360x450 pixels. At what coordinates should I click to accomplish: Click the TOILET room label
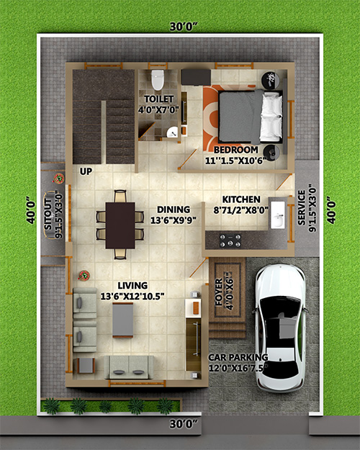pyautogui.click(x=158, y=99)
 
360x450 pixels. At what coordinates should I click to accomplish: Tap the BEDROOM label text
pyautogui.click(x=235, y=150)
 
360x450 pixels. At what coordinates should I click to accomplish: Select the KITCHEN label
pyautogui.click(x=241, y=199)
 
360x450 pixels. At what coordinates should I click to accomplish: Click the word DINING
pyautogui.click(x=174, y=210)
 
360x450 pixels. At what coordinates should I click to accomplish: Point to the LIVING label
pyautogui.click(x=132, y=286)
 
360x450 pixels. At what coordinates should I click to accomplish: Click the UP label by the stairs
pyautogui.click(x=86, y=171)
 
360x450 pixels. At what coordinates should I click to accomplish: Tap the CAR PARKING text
pyautogui.click(x=238, y=357)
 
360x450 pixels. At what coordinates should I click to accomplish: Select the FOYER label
pyautogui.click(x=219, y=292)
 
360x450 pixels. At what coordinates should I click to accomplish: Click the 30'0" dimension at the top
pyautogui.click(x=184, y=27)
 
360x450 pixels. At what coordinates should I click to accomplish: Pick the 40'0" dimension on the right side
pyautogui.click(x=330, y=210)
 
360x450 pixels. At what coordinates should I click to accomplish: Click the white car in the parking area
pyautogui.click(x=280, y=328)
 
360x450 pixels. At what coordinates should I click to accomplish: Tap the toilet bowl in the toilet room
pyautogui.click(x=158, y=79)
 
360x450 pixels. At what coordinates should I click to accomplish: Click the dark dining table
pyautogui.click(x=120, y=225)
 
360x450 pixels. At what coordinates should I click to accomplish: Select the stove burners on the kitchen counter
pyautogui.click(x=230, y=240)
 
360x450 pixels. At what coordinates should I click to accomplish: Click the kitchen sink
pyautogui.click(x=278, y=215)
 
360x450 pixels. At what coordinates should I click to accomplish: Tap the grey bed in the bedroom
pyautogui.click(x=250, y=117)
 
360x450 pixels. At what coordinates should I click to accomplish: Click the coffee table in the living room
pyautogui.click(x=122, y=320)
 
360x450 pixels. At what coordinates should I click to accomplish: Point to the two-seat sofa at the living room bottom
pyautogui.click(x=128, y=367)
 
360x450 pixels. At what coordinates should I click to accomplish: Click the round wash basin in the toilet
pyautogui.click(x=172, y=132)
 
